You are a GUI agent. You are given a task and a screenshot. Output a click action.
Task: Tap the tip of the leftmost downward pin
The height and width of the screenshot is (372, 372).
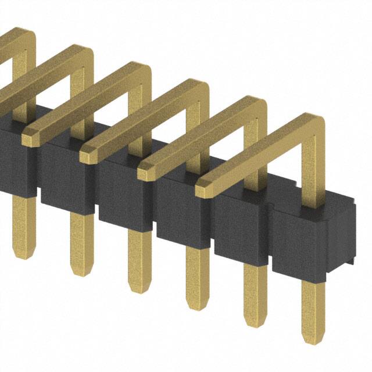pyautogui.click(x=19, y=254)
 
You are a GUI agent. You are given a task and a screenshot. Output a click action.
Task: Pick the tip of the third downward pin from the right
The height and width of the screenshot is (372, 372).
pyautogui.click(x=196, y=306)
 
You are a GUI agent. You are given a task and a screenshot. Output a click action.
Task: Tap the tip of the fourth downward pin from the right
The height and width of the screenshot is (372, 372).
pyautogui.click(x=138, y=289)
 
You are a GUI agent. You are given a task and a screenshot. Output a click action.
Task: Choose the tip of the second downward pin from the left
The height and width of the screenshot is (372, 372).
pyautogui.click(x=79, y=271)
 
